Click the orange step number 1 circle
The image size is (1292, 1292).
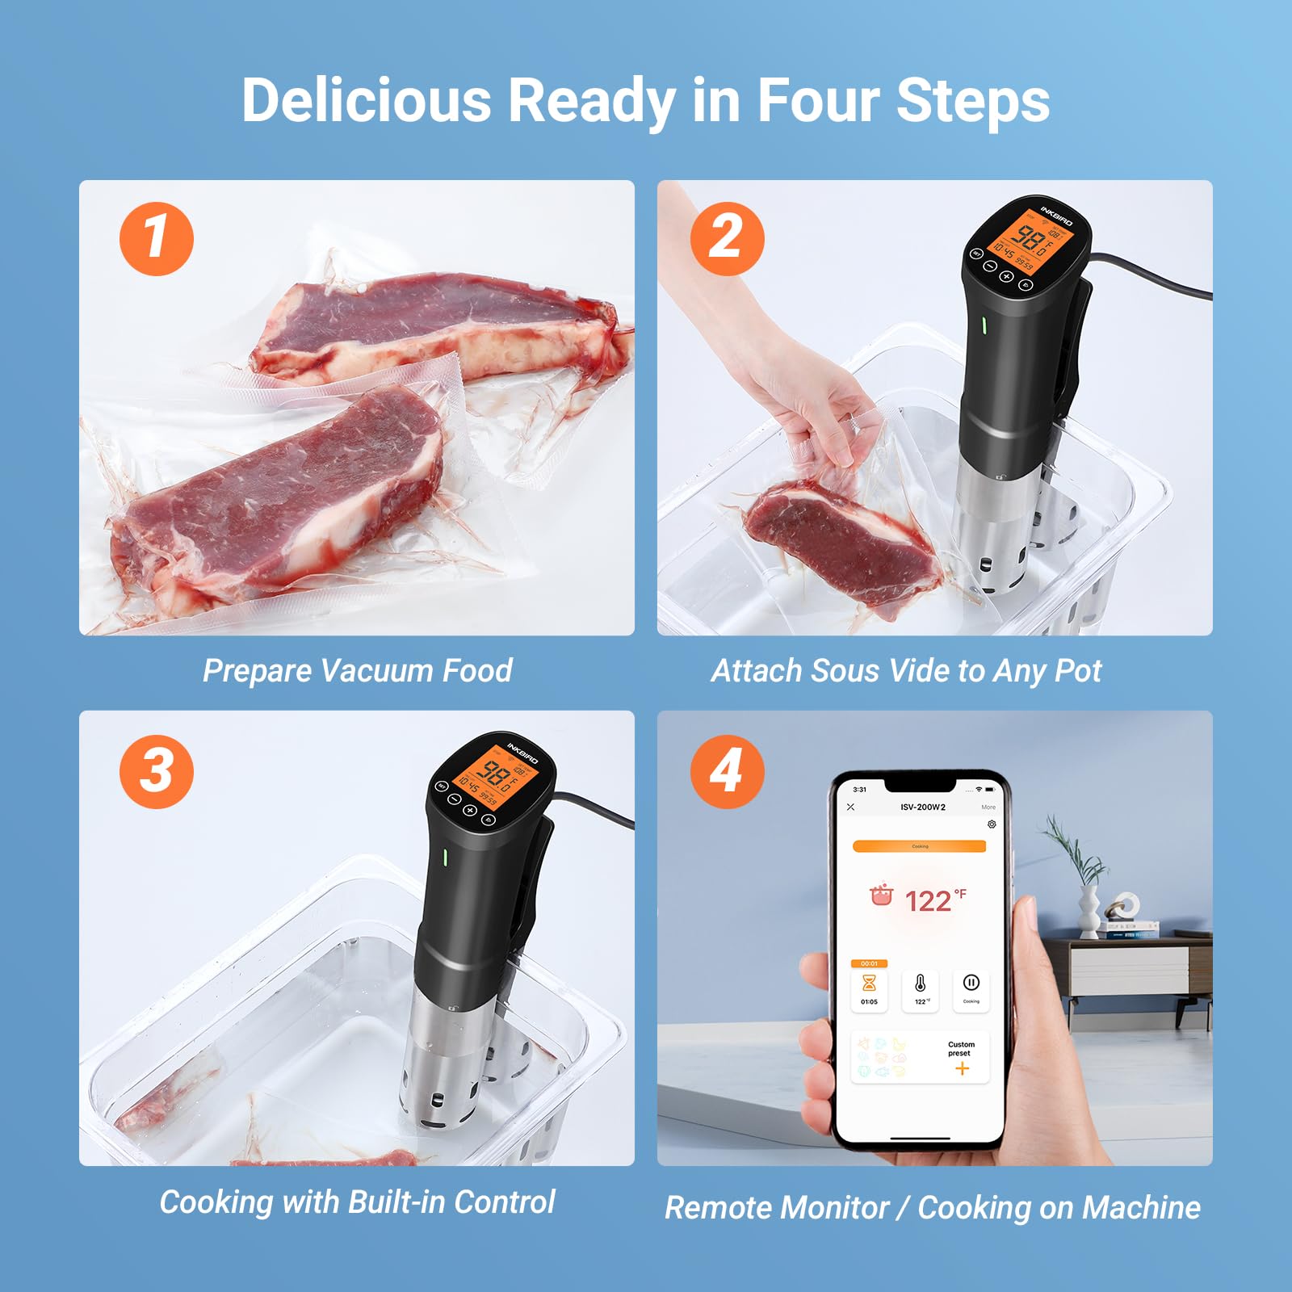(157, 239)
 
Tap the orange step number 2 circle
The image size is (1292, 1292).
(727, 239)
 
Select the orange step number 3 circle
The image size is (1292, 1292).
(157, 770)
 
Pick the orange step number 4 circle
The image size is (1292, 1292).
(727, 770)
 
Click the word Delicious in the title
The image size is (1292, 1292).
(367, 100)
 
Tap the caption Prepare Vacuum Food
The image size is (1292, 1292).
(357, 670)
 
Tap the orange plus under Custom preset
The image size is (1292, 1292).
(962, 1069)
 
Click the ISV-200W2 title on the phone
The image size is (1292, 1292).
(923, 807)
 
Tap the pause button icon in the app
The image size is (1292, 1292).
(971, 983)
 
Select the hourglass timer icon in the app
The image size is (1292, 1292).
(869, 983)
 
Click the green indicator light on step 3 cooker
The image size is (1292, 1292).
(444, 857)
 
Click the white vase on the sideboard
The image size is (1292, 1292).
(1089, 912)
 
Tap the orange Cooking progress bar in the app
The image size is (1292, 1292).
(920, 846)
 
